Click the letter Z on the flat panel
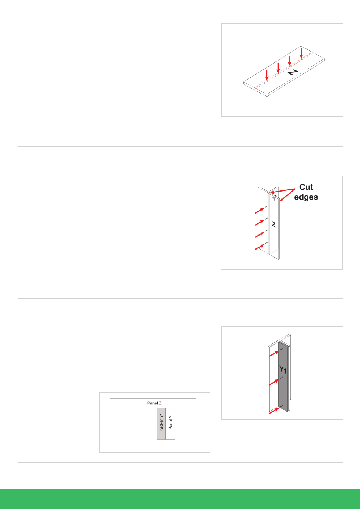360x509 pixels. pyautogui.click(x=293, y=72)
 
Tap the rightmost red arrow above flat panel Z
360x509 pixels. pyautogui.click(x=301, y=54)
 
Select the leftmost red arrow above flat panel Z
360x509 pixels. pyautogui.click(x=267, y=75)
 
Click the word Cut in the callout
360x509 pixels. pyautogui.click(x=306, y=187)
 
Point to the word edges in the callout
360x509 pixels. pyautogui.click(x=306, y=197)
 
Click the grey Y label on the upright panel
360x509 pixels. pyautogui.click(x=274, y=198)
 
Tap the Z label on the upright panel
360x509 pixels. pyautogui.click(x=274, y=225)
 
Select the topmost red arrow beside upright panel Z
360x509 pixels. pyautogui.click(x=260, y=211)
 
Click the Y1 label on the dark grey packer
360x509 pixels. pyautogui.click(x=283, y=370)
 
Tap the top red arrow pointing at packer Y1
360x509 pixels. pyautogui.click(x=274, y=354)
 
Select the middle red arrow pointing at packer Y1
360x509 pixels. pyautogui.click(x=274, y=383)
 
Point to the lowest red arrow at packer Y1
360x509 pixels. pyautogui.click(x=274, y=411)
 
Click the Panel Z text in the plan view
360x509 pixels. pyautogui.click(x=154, y=403)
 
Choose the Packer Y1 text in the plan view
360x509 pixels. pyautogui.click(x=161, y=423)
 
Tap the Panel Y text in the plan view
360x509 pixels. pyautogui.click(x=171, y=423)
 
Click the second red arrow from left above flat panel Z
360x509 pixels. pyautogui.click(x=278, y=68)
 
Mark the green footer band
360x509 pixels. pyautogui.click(x=180, y=499)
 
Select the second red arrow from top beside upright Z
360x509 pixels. pyautogui.click(x=260, y=223)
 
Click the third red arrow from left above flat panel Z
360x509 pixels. pyautogui.click(x=290, y=61)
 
